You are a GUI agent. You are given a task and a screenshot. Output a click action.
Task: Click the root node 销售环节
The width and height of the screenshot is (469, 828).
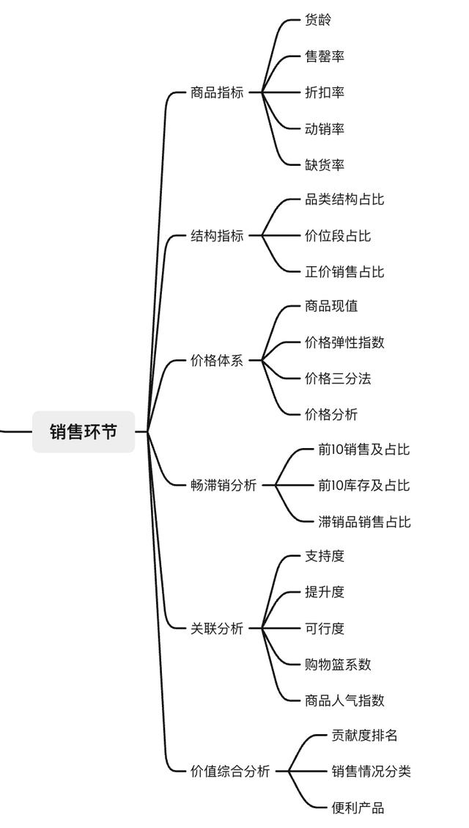coord(84,431)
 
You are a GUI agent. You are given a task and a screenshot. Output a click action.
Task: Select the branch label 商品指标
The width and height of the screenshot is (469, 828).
coord(217,92)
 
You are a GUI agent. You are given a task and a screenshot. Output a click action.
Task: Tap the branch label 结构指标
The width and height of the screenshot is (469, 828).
coord(217,235)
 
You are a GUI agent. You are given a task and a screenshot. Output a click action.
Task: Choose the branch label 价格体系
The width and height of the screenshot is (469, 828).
coord(217,361)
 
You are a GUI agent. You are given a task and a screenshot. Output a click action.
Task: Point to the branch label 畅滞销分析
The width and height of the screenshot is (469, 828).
coord(224,485)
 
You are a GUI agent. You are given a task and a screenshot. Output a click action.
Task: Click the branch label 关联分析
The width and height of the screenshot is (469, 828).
coord(217,629)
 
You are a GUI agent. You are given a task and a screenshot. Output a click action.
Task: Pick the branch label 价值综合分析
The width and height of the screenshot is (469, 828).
coord(231,772)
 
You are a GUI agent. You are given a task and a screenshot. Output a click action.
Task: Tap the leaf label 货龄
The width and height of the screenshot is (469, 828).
coord(318,20)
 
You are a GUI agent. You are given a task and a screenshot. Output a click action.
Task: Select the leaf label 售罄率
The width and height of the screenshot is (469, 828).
coord(325,56)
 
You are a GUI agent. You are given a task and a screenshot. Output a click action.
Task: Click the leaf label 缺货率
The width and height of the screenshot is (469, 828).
coord(325,165)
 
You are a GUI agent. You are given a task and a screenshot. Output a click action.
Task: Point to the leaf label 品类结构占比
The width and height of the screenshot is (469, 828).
coord(344,199)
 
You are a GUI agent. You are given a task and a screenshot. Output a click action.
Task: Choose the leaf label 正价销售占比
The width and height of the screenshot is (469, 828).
coord(344,272)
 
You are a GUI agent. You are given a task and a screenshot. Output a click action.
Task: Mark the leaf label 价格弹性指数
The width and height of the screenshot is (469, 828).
coord(344,342)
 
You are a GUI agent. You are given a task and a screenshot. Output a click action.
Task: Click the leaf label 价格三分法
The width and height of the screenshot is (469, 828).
coord(338,378)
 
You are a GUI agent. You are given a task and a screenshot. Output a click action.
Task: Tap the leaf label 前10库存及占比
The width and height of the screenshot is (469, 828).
coord(364,485)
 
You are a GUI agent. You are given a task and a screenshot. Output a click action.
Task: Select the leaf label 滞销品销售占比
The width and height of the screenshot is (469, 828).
coord(364,521)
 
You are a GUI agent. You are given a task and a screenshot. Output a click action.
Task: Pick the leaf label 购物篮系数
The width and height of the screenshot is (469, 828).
coord(338,664)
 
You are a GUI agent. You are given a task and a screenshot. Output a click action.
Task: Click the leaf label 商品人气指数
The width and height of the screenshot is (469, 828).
coord(344,700)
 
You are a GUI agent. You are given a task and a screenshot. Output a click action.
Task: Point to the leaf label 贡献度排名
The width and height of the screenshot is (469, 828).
coord(364,735)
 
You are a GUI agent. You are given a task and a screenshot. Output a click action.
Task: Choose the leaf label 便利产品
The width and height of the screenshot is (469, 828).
coord(358,807)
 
